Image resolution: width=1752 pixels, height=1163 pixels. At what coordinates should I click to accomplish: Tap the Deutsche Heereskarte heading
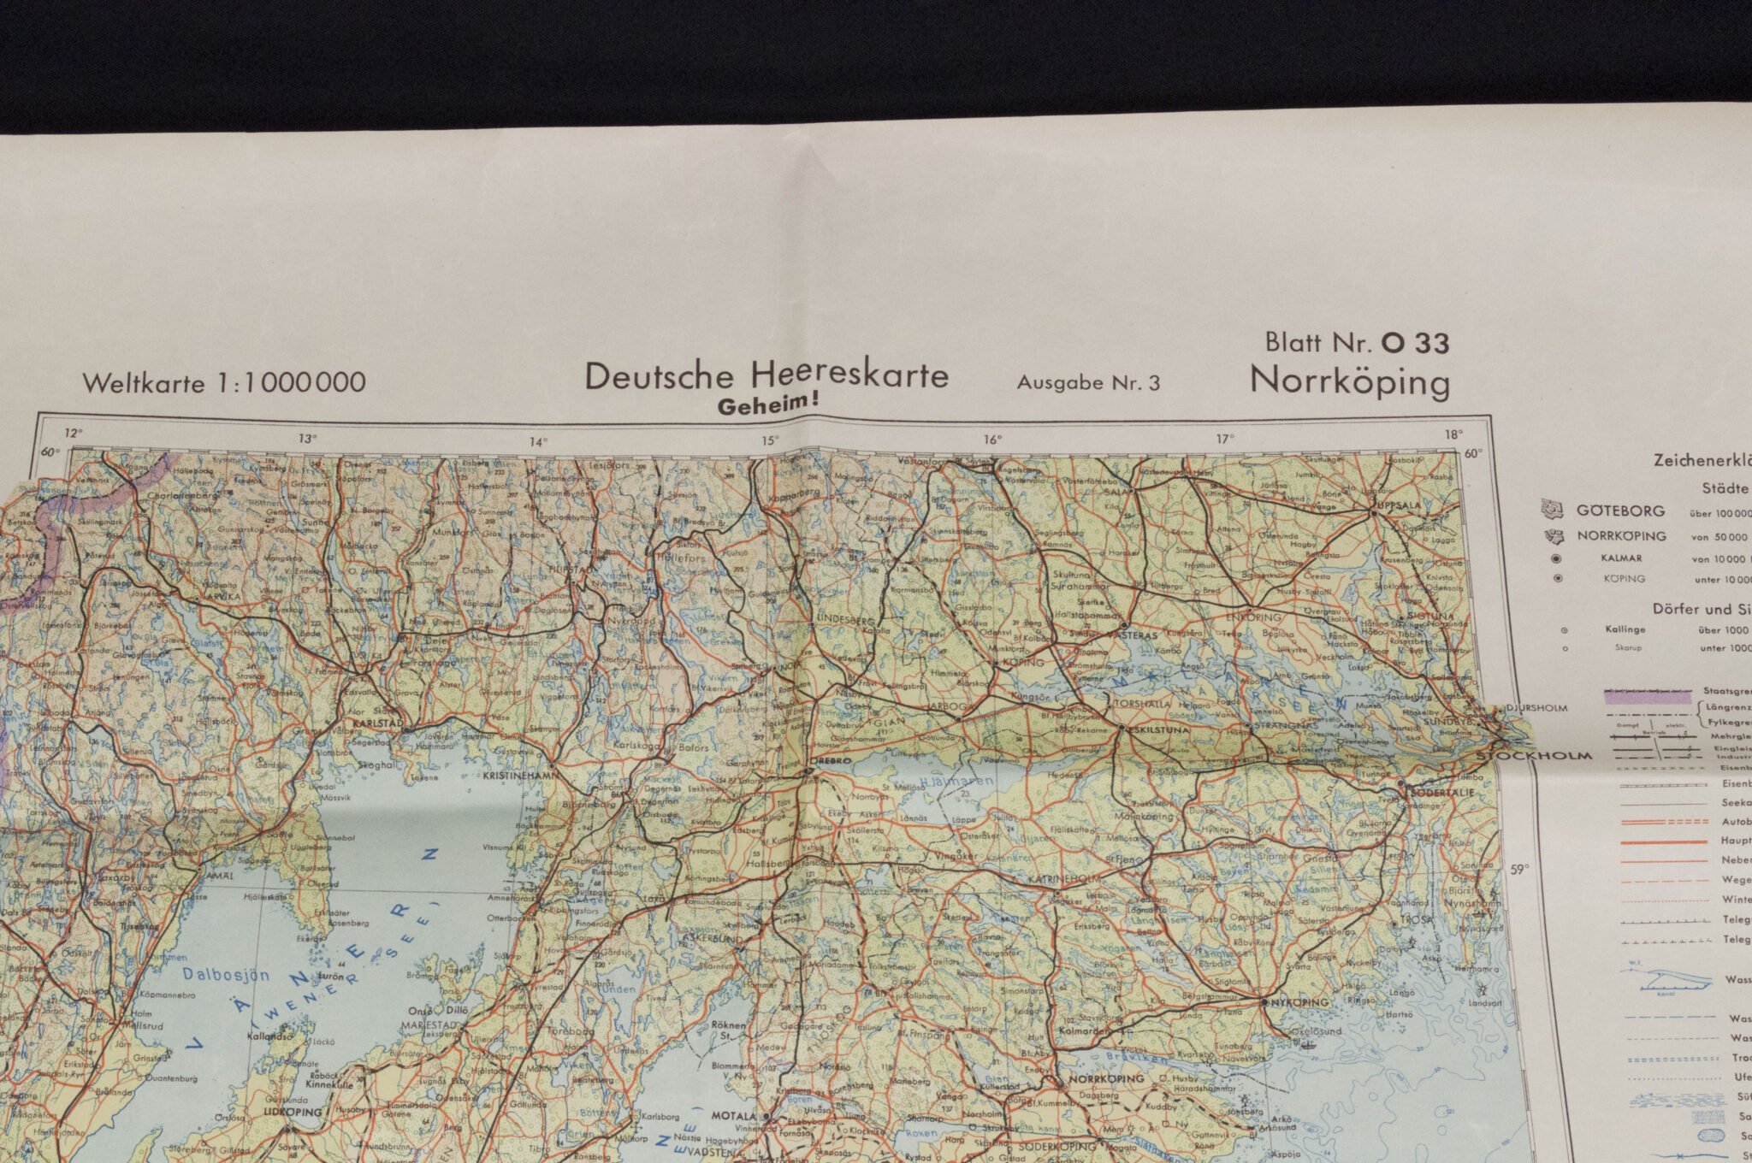(x=766, y=375)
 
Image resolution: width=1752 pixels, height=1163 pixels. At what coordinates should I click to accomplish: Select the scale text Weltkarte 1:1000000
(x=224, y=382)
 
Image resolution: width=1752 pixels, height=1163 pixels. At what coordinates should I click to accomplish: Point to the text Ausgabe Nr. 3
(x=1088, y=382)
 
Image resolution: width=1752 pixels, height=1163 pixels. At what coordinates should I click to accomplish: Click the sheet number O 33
(x=1415, y=343)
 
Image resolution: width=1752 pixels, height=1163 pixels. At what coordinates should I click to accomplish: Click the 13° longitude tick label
(x=308, y=439)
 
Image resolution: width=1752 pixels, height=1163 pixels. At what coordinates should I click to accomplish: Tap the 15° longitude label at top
(x=771, y=440)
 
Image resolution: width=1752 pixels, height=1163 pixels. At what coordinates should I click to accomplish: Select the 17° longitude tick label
(x=1225, y=439)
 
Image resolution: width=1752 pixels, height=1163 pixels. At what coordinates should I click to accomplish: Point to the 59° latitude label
(x=1518, y=871)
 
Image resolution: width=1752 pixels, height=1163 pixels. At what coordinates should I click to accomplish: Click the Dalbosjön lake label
(x=226, y=974)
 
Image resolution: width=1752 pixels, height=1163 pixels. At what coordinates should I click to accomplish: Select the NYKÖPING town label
(x=1300, y=1001)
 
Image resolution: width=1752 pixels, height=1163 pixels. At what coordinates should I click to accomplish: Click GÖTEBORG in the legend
(x=1620, y=511)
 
